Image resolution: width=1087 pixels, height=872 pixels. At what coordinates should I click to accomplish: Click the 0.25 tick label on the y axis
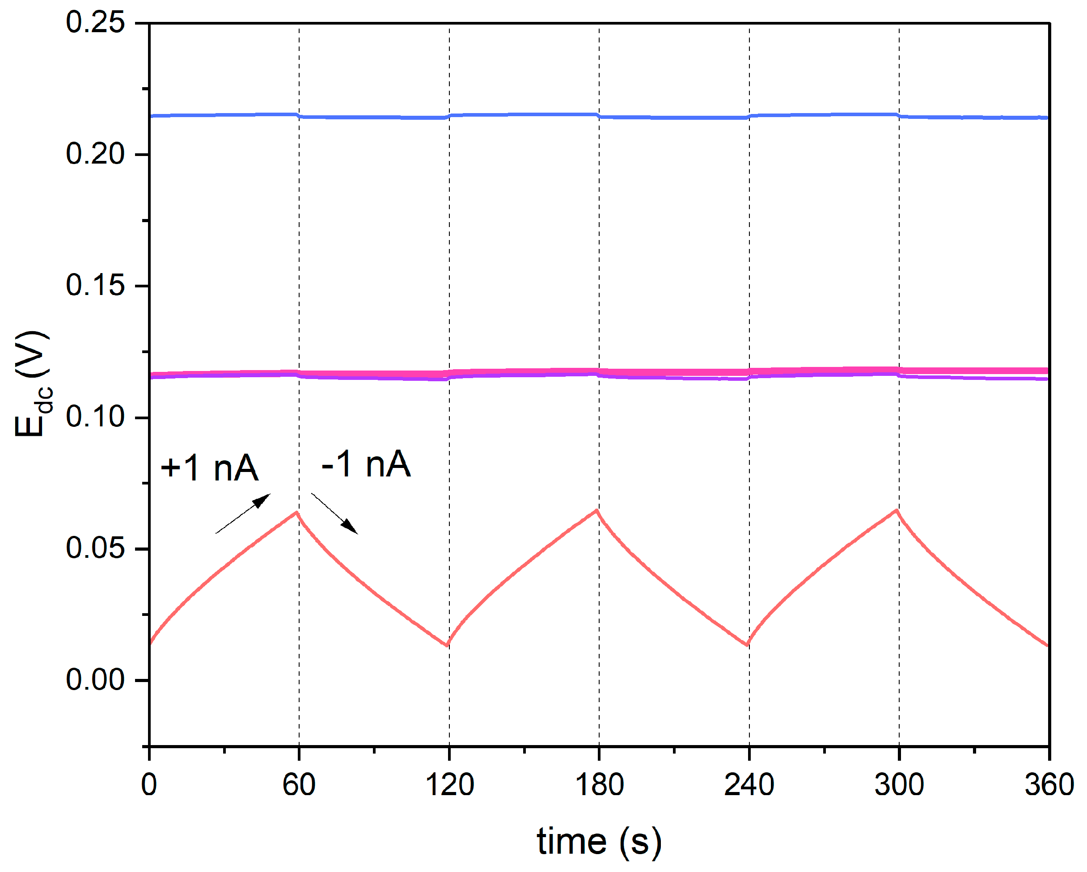(95, 23)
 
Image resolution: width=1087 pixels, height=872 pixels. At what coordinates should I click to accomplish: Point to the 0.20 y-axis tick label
(95, 154)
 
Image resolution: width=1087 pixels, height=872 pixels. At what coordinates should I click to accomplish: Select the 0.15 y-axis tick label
(95, 285)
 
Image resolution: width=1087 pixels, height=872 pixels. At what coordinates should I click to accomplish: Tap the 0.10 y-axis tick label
(95, 417)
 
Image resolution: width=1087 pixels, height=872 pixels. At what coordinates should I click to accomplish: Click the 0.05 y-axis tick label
(95, 548)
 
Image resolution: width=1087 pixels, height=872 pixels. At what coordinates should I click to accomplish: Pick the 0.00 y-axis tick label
(95, 679)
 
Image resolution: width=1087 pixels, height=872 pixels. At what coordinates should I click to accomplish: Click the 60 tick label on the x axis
(299, 785)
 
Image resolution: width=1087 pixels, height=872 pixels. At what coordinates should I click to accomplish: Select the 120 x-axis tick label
(449, 785)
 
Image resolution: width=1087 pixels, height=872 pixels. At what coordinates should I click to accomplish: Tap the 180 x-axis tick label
(599, 785)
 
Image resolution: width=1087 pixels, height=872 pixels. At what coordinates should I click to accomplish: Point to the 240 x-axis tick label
(749, 785)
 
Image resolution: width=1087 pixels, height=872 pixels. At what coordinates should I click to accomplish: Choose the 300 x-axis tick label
(899, 785)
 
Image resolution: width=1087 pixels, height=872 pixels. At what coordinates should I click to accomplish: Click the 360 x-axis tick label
(1049, 785)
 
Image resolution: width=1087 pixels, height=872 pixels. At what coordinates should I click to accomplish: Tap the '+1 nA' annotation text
(209, 468)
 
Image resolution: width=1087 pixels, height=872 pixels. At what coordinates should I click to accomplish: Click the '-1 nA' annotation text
(366, 464)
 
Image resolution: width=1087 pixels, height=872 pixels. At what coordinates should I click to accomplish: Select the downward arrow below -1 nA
(334, 513)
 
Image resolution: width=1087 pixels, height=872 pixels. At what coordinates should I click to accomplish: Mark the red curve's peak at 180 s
(597, 510)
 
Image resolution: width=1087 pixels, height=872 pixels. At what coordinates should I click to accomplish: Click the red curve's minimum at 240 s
(747, 645)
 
